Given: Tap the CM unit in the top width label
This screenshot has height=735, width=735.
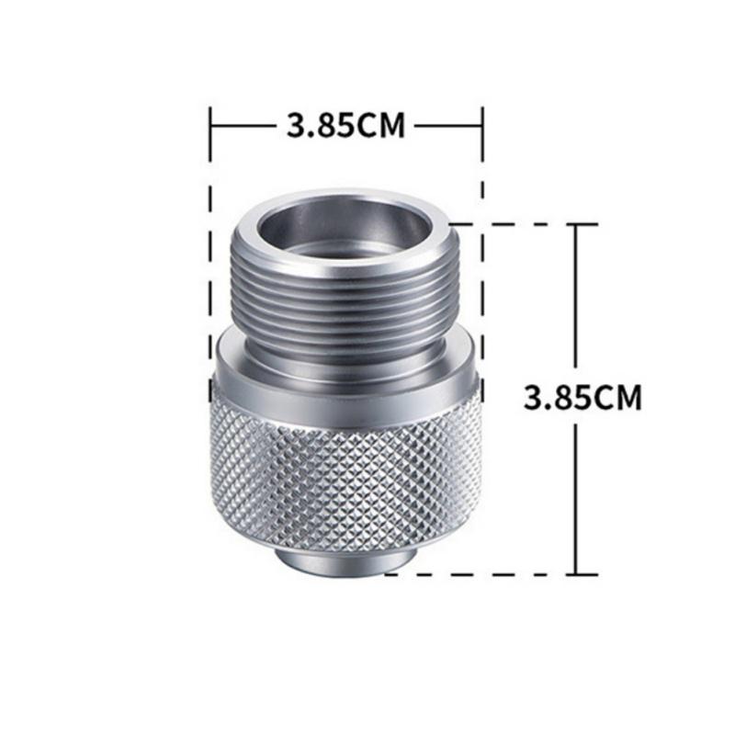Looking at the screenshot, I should click(380, 124).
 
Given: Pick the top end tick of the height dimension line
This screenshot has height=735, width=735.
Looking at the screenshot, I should click(576, 223).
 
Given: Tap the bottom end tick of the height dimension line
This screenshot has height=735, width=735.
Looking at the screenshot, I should click(576, 574).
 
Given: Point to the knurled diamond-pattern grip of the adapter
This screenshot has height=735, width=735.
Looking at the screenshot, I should click(347, 469).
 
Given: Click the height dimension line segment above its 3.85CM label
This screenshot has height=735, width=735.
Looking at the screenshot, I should click(576, 294).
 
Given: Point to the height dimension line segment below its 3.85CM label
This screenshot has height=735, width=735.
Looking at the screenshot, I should click(576, 496).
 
